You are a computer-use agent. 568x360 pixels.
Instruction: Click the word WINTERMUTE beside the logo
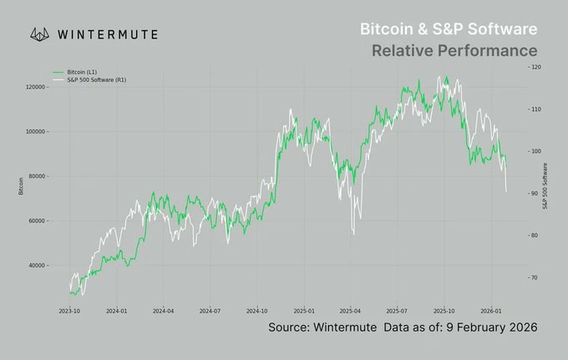tap(109, 35)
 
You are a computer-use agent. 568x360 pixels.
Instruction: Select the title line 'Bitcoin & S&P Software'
tap(448, 29)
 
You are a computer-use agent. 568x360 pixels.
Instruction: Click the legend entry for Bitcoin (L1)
tap(80, 73)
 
